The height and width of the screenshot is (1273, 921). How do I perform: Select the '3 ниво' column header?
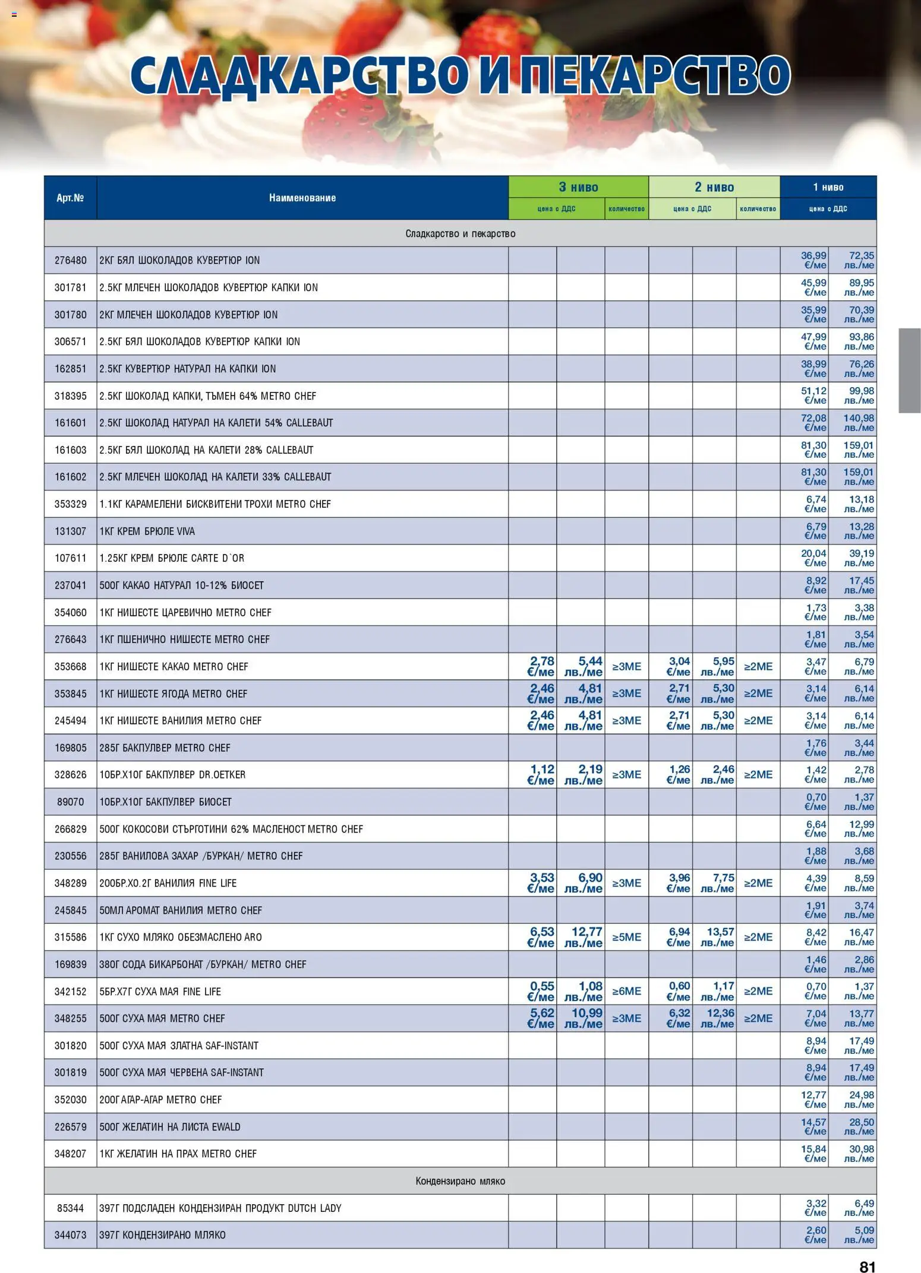(x=578, y=187)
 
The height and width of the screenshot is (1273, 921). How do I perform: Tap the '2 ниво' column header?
(x=714, y=187)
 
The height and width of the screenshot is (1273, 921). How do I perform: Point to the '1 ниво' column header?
(x=828, y=187)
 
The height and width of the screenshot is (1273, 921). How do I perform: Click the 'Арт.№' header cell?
(x=70, y=198)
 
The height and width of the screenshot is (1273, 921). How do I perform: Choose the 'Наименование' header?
(x=302, y=198)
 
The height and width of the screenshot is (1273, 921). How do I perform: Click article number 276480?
(x=70, y=260)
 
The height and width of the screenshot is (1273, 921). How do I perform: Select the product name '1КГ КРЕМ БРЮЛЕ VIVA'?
(x=147, y=531)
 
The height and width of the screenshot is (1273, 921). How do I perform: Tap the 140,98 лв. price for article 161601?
(x=859, y=423)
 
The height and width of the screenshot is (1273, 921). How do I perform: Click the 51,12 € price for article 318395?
(x=813, y=395)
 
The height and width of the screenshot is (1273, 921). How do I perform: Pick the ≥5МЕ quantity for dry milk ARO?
(x=626, y=937)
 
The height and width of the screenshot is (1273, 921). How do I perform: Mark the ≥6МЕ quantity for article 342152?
(x=626, y=991)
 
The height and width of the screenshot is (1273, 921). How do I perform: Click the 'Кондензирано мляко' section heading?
(x=460, y=1181)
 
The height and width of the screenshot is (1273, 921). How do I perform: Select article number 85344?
(x=70, y=1208)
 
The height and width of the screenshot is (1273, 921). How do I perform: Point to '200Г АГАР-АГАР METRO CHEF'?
(x=160, y=1100)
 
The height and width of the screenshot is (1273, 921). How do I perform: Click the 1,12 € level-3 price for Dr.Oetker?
(x=541, y=774)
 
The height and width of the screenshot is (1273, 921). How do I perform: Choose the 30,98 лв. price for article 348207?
(x=859, y=1154)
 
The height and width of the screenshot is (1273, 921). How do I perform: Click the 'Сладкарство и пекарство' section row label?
(x=460, y=233)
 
